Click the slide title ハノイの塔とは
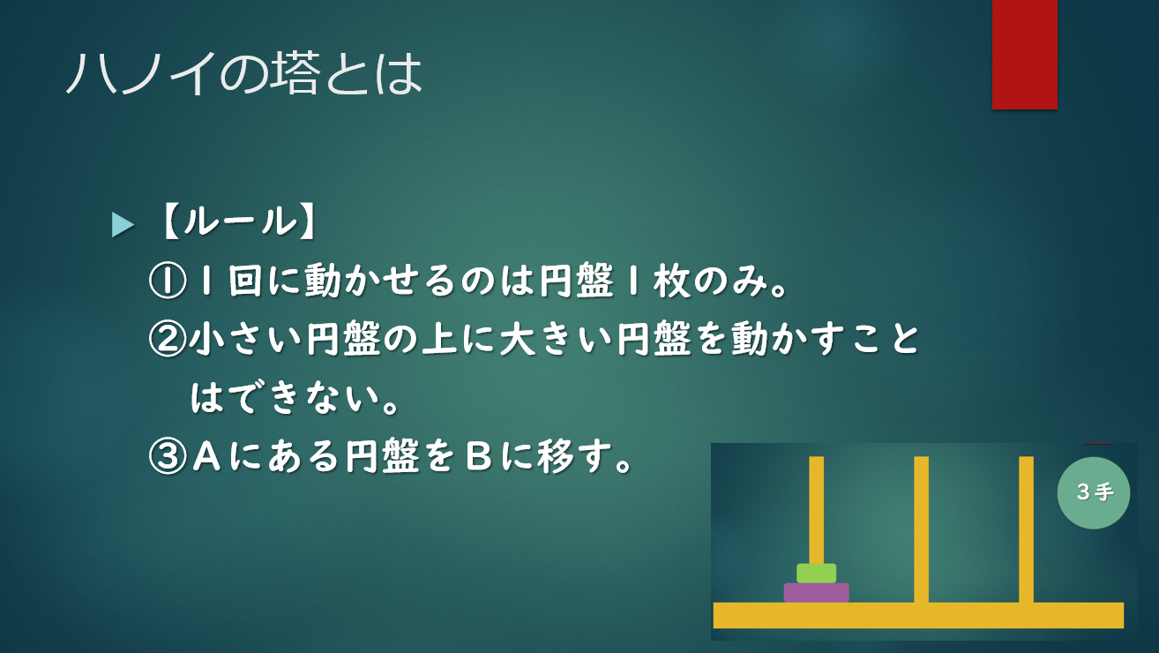244,73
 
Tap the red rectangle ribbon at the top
1024,55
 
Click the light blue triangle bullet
123,225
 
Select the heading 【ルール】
239,222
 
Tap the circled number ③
167,456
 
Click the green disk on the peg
816,574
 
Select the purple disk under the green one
816,592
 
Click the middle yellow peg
921,529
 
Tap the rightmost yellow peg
1026,529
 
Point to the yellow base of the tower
918,615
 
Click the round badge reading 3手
1094,492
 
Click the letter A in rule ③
207,456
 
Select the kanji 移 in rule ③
556,456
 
